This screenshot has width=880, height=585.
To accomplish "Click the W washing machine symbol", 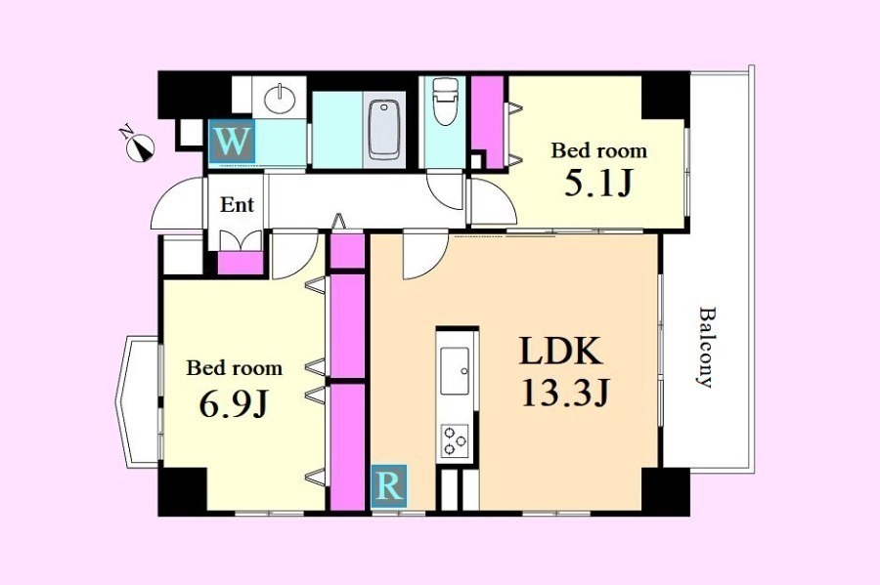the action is pyautogui.click(x=232, y=142).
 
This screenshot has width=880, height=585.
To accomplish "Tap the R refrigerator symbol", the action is pyautogui.click(x=389, y=485).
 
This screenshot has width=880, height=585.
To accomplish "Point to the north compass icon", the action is pyautogui.click(x=138, y=145).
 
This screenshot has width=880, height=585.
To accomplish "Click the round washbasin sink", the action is pyautogui.click(x=279, y=98).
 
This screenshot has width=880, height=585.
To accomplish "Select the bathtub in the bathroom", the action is pyautogui.click(x=384, y=130).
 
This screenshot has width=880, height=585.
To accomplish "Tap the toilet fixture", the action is pyautogui.click(x=446, y=101).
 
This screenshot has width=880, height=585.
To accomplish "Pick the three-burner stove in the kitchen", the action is pyautogui.click(x=455, y=440).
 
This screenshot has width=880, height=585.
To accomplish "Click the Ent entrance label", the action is pyautogui.click(x=237, y=204).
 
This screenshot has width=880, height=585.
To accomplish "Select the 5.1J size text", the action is pyautogui.click(x=598, y=183).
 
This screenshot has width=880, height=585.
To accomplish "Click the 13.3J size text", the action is pyautogui.click(x=564, y=393).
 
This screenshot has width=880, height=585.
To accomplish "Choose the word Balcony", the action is pyautogui.click(x=706, y=347).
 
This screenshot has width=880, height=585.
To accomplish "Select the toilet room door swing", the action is pyautogui.click(x=446, y=190).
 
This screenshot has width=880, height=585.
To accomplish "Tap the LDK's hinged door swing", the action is pyautogui.click(x=424, y=255).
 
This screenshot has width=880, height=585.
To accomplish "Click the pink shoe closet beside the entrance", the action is pyautogui.click(x=241, y=263).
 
